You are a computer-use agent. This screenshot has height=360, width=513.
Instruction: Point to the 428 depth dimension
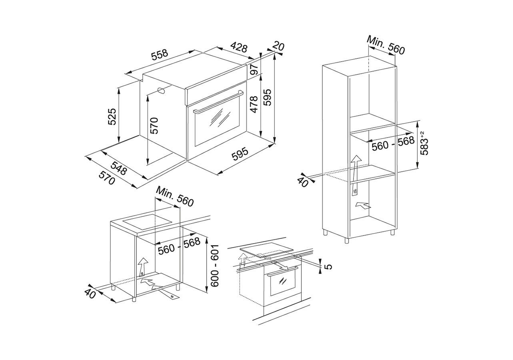point(239,48)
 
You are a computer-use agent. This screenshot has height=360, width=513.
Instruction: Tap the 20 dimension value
point(278,46)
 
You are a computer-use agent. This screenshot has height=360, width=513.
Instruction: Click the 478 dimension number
point(254,105)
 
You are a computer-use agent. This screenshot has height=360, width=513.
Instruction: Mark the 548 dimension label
point(119,168)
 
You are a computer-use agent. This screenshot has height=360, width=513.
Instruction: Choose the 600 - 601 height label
point(215,266)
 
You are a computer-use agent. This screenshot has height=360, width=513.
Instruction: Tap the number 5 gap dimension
point(328,266)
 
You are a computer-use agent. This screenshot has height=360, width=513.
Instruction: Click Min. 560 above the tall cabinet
point(386,46)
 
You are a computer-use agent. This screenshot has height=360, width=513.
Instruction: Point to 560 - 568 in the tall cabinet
point(393,144)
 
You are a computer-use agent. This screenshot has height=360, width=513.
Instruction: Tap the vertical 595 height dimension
point(267,97)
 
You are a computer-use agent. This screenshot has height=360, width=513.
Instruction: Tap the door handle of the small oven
point(282,271)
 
